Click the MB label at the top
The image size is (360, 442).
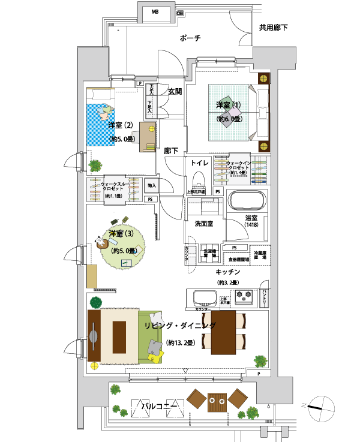[x=155, y=12]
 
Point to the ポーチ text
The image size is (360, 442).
[x=190, y=38]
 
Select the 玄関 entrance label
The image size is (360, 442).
[x=175, y=92]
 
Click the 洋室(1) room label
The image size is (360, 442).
[x=229, y=106]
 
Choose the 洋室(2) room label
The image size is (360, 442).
[x=120, y=126]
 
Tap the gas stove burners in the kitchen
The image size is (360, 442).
[x=246, y=295]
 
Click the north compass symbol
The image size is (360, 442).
[x=319, y=404]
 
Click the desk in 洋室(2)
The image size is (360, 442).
[x=148, y=134]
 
